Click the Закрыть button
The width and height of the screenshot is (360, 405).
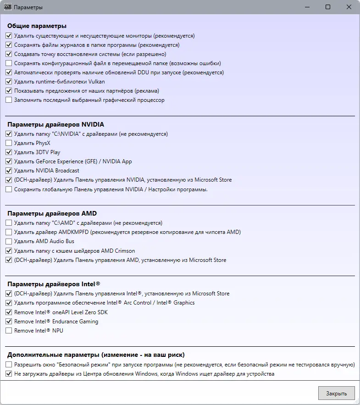336,393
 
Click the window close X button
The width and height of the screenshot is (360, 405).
349,7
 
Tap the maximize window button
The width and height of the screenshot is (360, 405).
328,7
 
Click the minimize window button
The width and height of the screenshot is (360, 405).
306,7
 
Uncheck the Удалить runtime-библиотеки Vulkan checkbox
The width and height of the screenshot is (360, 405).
9,82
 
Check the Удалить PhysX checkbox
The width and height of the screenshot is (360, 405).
9,143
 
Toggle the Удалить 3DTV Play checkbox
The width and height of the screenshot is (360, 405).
9,152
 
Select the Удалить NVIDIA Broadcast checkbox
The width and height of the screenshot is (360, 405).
9,171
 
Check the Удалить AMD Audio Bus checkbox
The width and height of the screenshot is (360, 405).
9,241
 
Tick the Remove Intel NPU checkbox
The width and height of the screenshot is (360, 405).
9,331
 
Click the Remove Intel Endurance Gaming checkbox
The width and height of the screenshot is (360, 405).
9,322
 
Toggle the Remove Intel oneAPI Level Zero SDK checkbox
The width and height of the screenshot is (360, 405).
9,312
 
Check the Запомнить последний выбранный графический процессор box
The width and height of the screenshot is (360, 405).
9,100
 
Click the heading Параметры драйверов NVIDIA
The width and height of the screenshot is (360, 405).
55,124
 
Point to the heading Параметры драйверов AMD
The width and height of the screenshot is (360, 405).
52,213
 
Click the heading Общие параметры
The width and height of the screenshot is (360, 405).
37,26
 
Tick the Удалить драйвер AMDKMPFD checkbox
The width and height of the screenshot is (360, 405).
9,232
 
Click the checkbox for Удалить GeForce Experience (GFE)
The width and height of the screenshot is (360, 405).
9,161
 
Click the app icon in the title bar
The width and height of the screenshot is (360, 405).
7,7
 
